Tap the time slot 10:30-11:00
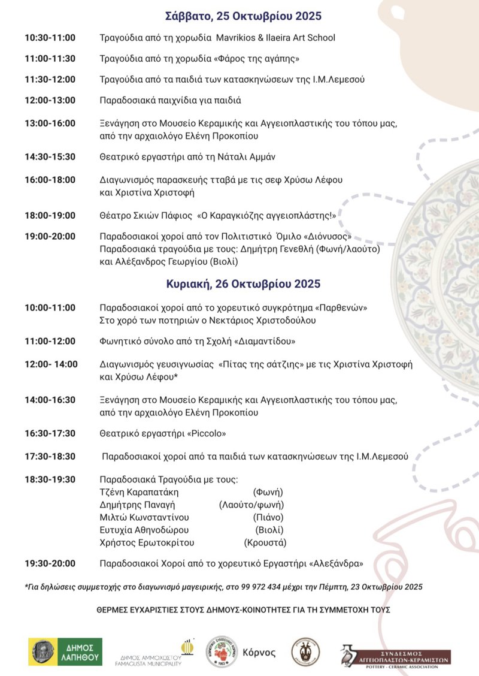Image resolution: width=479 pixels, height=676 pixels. click(x=50, y=38)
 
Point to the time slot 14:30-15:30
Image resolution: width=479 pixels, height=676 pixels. click(x=50, y=156)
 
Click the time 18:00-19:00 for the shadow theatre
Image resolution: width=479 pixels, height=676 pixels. click(x=50, y=215)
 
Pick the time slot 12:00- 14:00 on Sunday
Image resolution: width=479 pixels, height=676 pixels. click(x=51, y=364)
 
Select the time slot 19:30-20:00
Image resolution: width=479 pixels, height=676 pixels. click(x=50, y=563)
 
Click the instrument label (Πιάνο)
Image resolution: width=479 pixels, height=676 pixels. click(x=268, y=517)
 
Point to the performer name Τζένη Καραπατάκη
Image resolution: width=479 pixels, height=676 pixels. click(x=139, y=492)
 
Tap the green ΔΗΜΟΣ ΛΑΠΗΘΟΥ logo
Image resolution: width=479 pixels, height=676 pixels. click(x=65, y=651)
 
